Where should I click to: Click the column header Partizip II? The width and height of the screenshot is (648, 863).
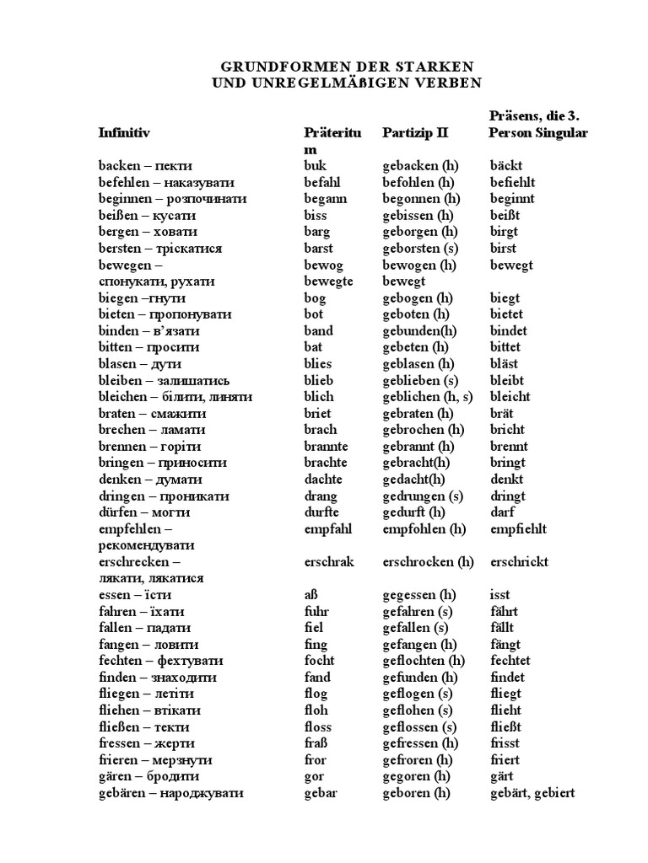(x=415, y=133)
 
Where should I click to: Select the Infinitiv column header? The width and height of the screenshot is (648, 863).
(x=124, y=133)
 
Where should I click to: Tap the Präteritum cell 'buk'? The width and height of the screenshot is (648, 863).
(x=316, y=166)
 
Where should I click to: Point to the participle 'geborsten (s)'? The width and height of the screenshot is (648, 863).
(x=419, y=249)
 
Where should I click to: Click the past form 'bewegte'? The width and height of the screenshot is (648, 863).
(x=328, y=281)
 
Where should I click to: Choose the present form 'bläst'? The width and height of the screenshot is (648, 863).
(x=505, y=364)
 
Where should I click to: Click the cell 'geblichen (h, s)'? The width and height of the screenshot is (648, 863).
(x=429, y=397)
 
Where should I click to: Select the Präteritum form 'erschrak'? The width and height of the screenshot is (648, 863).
(x=329, y=562)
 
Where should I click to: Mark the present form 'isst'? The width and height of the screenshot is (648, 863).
(x=499, y=595)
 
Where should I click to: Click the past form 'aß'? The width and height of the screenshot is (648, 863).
(x=311, y=595)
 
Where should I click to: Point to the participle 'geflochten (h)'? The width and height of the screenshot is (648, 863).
(x=424, y=661)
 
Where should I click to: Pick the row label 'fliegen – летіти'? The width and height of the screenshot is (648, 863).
(x=146, y=694)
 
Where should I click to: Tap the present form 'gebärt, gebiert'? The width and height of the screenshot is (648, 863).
(x=532, y=793)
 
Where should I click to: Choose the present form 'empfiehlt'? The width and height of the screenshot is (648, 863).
(x=518, y=529)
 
